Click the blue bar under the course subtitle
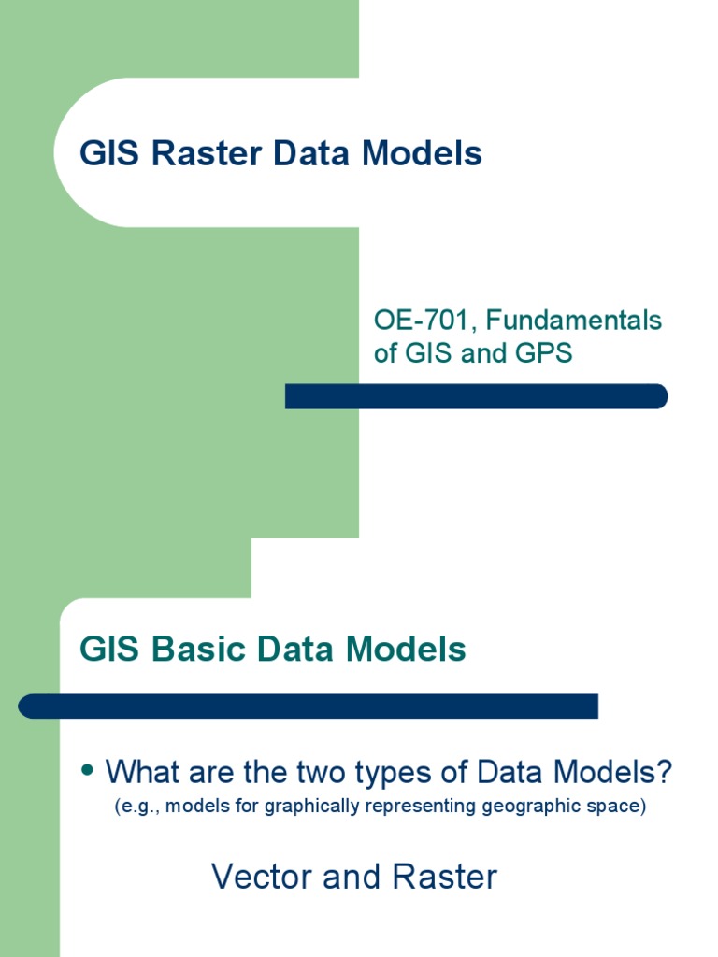click(x=476, y=396)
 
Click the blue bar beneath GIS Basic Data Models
click(x=309, y=706)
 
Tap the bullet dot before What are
click(x=89, y=770)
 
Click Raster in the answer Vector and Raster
click(x=444, y=877)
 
